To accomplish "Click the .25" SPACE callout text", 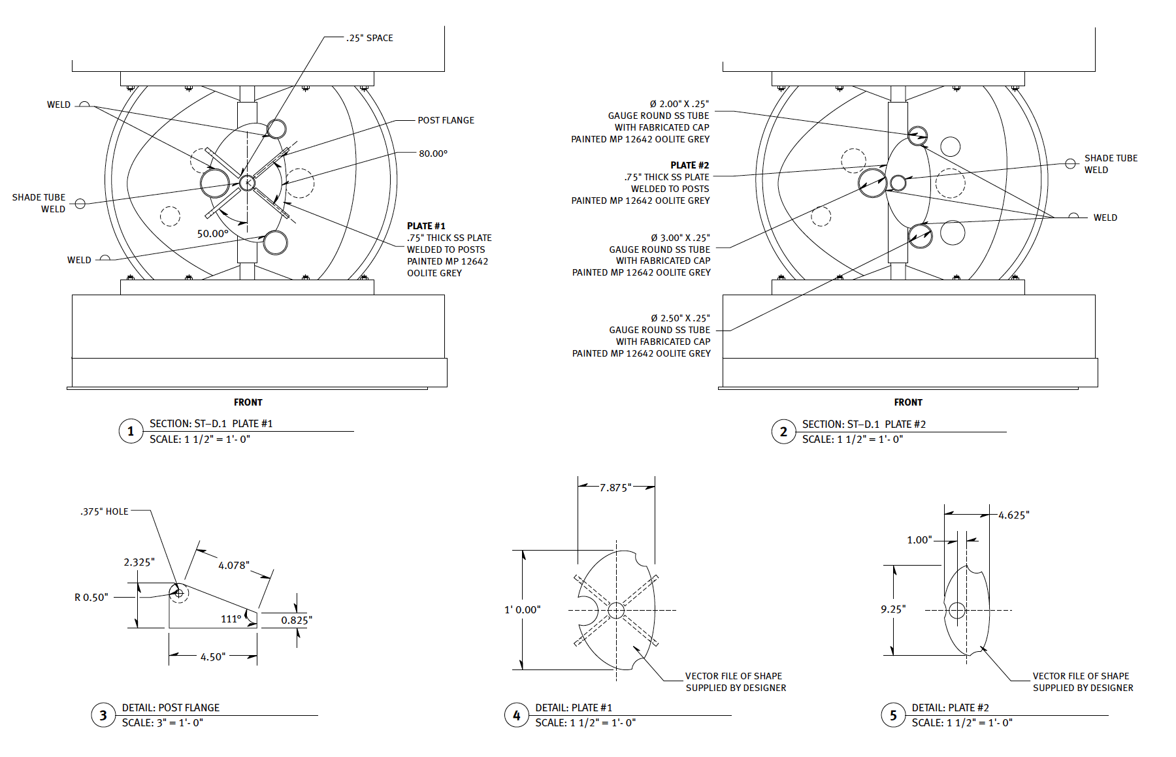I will point(370,39).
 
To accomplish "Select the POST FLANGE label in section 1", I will point(446,120).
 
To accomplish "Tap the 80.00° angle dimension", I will point(433,153).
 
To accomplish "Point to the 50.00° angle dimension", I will point(213,234).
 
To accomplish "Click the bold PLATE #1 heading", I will point(426,226).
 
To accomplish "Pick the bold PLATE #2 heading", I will point(689,165).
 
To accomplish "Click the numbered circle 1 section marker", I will point(131,431).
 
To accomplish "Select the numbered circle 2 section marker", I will point(783,432).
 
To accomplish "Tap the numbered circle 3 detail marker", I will point(103,715).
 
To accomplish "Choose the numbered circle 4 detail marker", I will point(516,715).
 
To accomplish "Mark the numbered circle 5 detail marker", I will point(893,715).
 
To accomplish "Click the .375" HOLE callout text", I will point(105,511).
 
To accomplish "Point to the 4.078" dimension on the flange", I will point(234,566).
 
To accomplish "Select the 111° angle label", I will point(231,619).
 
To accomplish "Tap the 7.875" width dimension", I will point(615,488).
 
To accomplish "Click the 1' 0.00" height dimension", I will point(523,610).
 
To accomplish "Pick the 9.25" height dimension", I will point(893,609).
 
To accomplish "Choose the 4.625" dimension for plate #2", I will point(1013,515).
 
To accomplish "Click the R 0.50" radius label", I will point(91,598).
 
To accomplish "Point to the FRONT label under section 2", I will point(908,402).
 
